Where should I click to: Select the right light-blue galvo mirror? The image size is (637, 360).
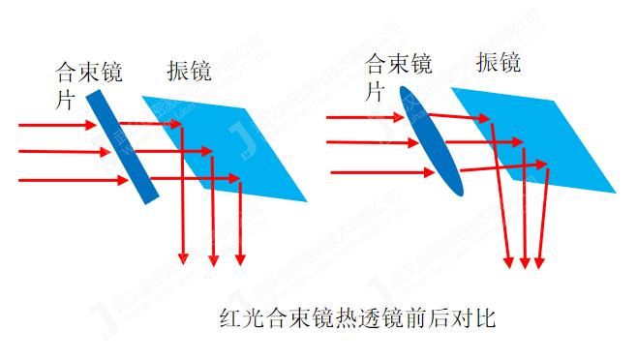(542, 135)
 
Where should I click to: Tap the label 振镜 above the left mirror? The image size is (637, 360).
(189, 71)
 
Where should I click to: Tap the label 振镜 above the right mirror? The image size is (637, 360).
(500, 63)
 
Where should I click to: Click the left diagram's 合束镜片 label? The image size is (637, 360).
(83, 82)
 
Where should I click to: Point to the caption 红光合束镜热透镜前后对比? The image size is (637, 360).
(357, 317)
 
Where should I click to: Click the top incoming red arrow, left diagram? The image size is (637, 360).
(58, 125)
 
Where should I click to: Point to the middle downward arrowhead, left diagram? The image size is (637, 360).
(214, 260)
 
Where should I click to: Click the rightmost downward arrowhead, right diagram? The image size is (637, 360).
(540, 260)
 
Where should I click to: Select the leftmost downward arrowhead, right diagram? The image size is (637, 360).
(510, 260)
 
